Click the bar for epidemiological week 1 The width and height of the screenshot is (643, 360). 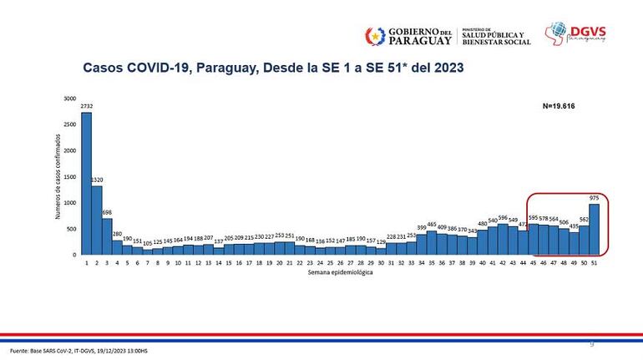pos(86,184)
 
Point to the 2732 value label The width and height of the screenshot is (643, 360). pos(86,107)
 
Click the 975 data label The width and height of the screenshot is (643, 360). pos(595,198)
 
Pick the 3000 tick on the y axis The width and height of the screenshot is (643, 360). pos(69,99)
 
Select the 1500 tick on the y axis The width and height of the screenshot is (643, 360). pos(69,177)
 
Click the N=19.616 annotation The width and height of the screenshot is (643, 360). pos(559,107)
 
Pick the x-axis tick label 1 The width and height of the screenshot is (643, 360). pos(86,263)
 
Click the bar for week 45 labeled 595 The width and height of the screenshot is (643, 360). pos(534,239)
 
